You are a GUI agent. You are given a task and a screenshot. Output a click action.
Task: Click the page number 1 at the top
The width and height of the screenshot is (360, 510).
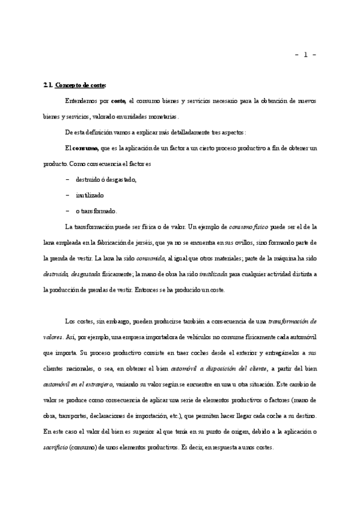pos(305,55)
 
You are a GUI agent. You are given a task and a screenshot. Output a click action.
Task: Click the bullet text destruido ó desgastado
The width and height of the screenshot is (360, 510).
pos(106,179)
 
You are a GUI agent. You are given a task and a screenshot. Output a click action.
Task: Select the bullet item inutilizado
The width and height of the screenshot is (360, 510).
pos(90,195)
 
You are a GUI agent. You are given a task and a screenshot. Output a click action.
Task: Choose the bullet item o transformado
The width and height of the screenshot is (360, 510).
pos(96,211)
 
